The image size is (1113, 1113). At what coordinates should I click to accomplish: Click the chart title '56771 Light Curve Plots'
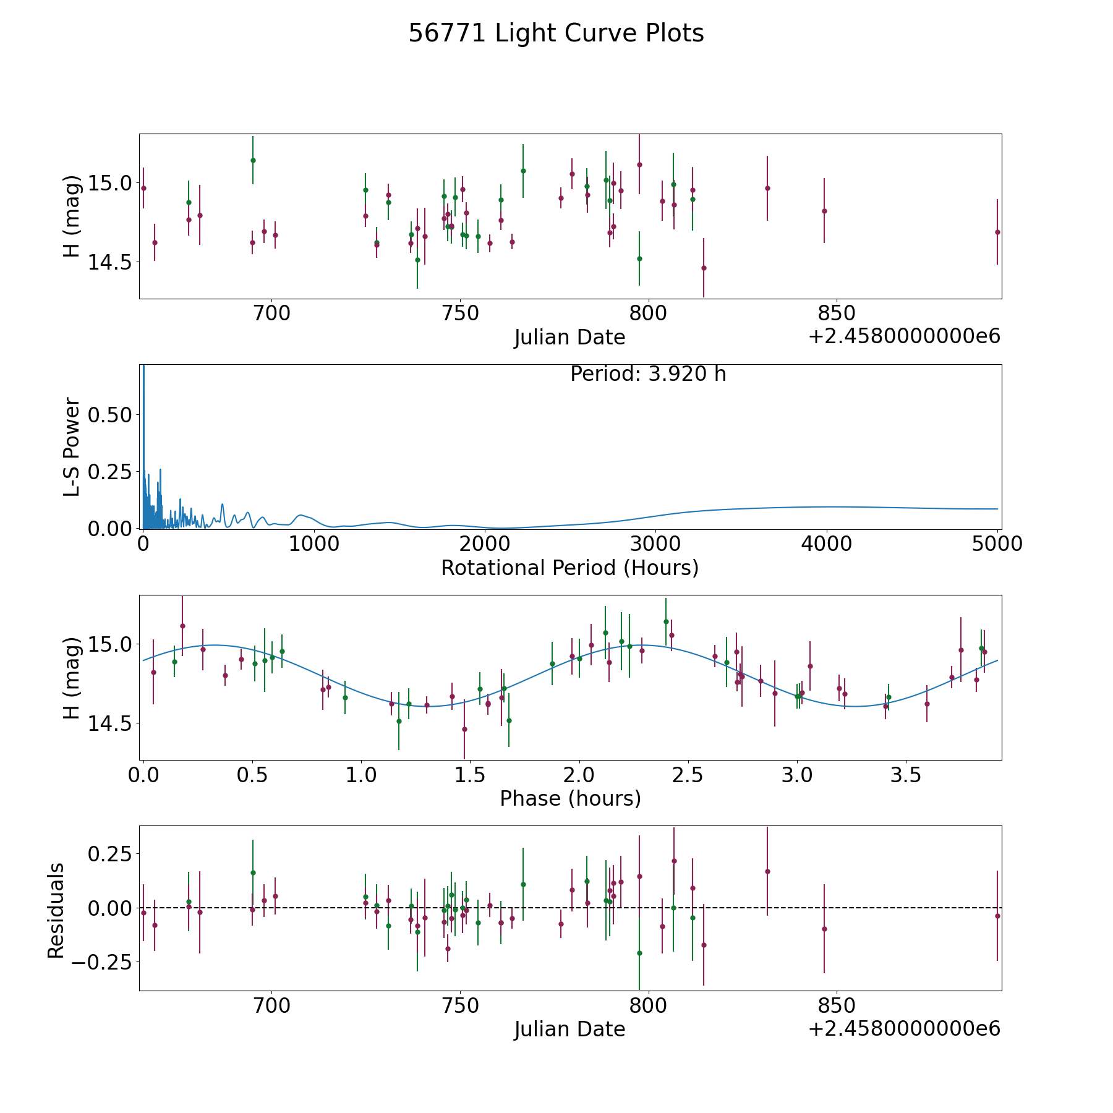[556, 33]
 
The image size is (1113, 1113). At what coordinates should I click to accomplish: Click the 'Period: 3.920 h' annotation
[648, 374]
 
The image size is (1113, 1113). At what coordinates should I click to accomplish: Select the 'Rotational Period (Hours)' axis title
[569, 568]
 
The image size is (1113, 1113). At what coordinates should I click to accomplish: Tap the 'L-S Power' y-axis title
[72, 446]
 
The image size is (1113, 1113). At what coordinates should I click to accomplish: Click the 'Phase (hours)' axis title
[569, 798]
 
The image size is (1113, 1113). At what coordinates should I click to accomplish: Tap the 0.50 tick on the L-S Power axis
[110, 415]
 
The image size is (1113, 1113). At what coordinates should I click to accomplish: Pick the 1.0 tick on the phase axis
[361, 775]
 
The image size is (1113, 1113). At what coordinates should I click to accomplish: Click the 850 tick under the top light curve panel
[836, 313]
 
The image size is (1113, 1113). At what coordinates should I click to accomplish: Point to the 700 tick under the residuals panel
[272, 1005]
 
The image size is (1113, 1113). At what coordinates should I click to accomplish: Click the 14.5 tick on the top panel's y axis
[110, 262]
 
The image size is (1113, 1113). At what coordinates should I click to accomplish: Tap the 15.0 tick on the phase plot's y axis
[110, 644]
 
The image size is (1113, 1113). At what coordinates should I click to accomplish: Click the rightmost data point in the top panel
[997, 232]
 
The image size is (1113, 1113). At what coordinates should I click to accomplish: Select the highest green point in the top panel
[253, 160]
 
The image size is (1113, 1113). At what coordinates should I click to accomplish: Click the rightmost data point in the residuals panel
[997, 916]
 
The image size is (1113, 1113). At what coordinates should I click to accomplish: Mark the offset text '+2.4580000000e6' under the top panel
[904, 336]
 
